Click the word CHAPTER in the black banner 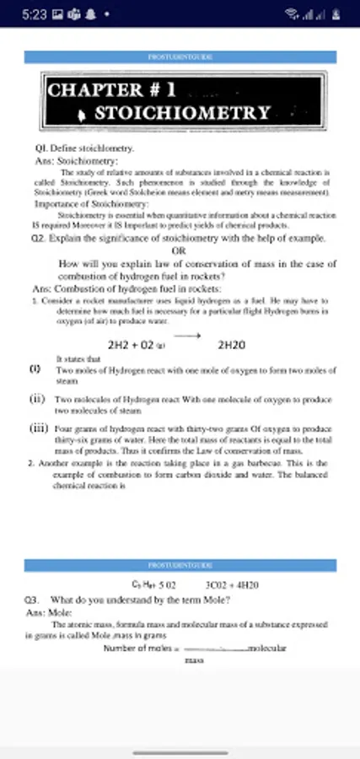(94, 90)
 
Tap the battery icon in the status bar (338, 13)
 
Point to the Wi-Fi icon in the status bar (292, 13)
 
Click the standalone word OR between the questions (178, 250)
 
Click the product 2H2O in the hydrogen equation (231, 346)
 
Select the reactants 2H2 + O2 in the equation (132, 346)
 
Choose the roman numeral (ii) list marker (37, 399)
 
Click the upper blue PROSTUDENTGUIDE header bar (180, 57)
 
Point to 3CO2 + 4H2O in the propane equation (232, 584)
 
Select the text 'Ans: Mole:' (51, 611)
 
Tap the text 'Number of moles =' (137, 649)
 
